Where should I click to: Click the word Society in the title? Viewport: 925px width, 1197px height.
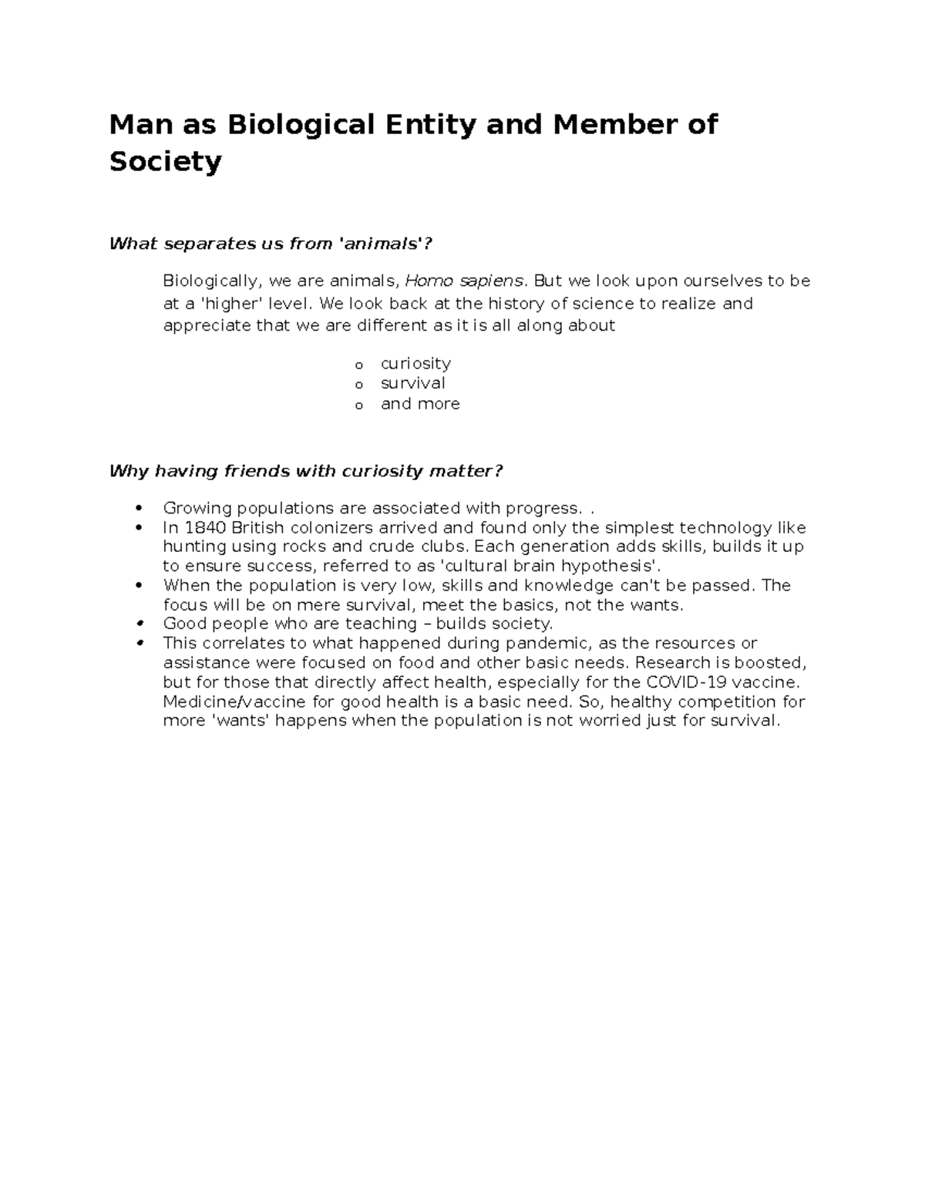pos(165,162)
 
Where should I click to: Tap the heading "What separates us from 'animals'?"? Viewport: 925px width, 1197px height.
pos(271,244)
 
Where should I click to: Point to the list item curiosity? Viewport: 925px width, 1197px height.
pos(415,363)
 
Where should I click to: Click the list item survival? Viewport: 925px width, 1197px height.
pos(412,383)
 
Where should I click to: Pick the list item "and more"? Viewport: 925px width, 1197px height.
pos(420,404)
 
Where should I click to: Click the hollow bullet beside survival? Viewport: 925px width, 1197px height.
pos(358,385)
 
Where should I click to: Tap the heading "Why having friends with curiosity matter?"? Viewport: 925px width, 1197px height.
pos(306,471)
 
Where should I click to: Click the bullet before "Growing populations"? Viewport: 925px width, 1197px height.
pos(140,508)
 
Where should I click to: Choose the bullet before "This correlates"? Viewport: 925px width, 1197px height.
pos(140,644)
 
